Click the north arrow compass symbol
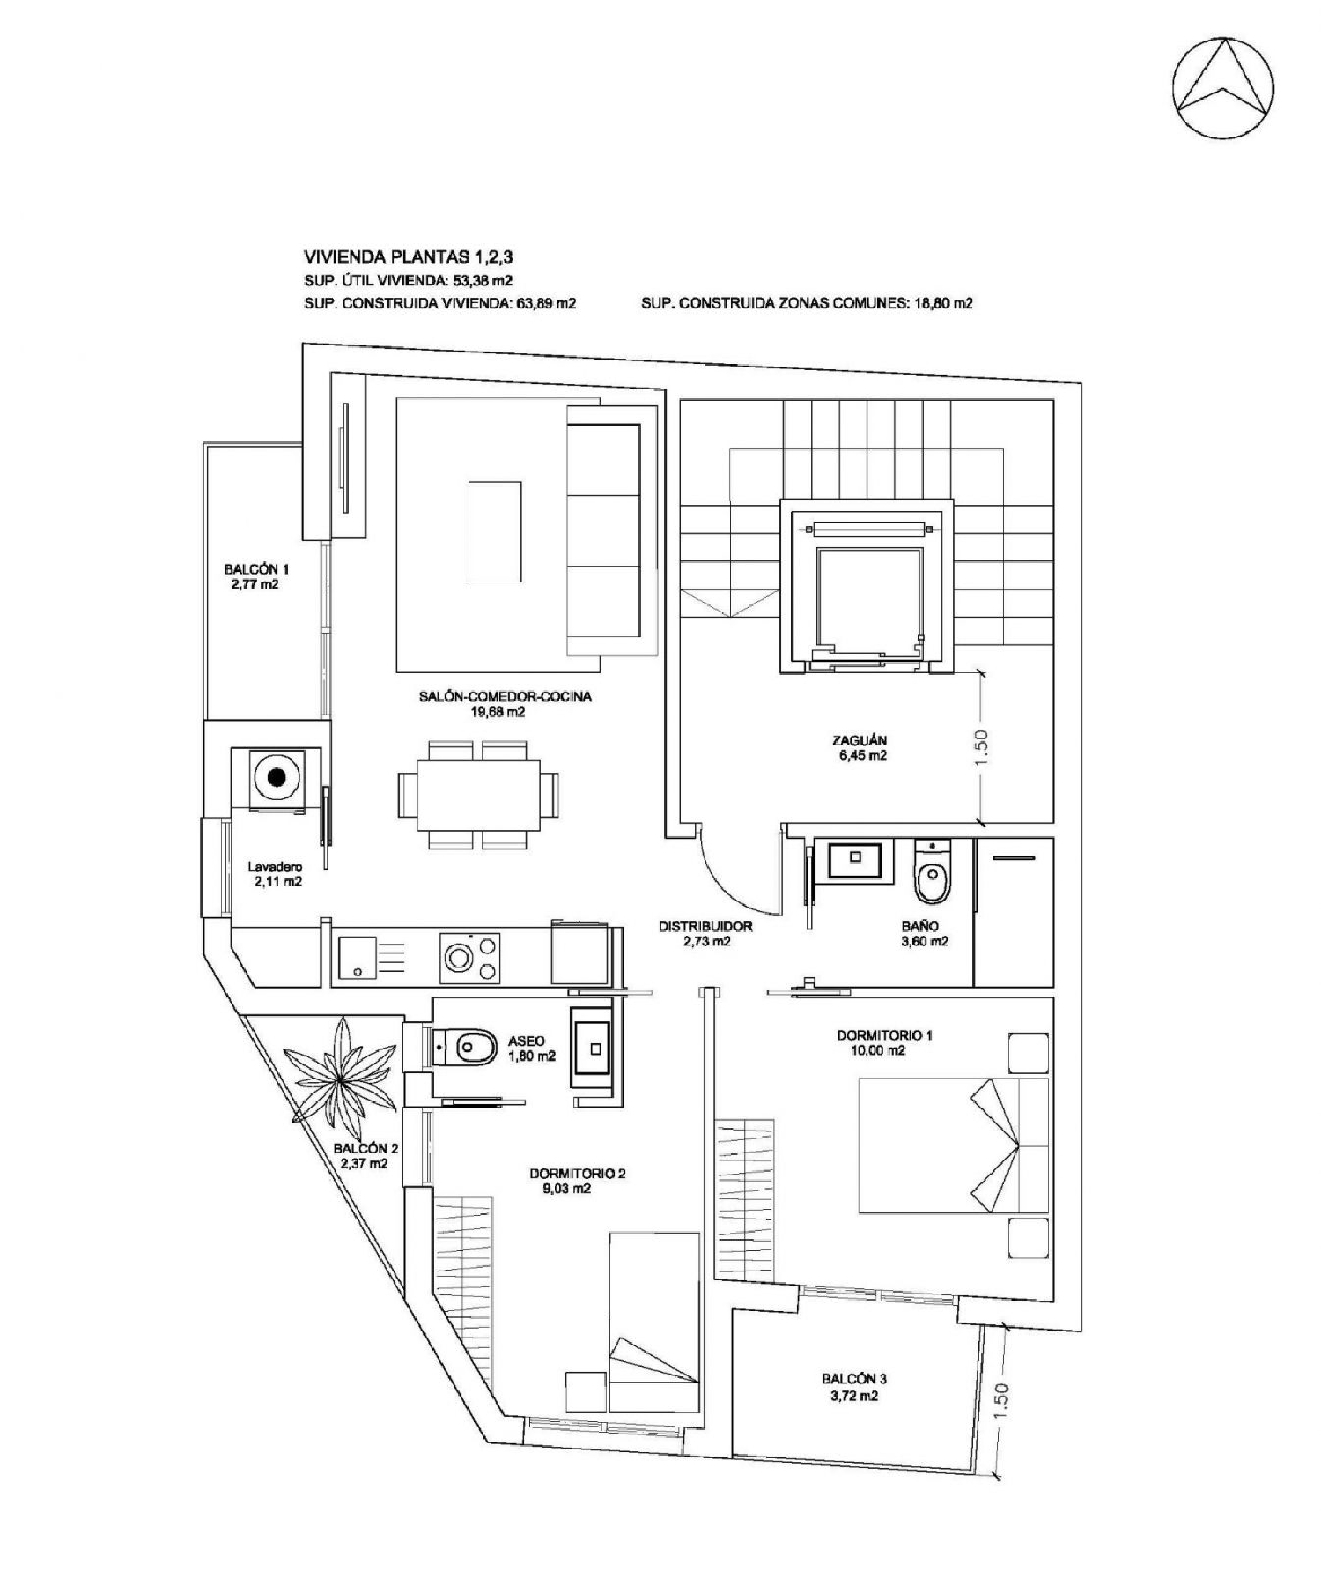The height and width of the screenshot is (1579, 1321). [1222, 87]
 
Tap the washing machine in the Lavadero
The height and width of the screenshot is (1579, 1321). [277, 777]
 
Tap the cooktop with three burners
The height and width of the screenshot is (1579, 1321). [469, 959]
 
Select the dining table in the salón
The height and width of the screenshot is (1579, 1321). [478, 794]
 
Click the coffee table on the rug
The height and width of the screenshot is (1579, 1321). [494, 531]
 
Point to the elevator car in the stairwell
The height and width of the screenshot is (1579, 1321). [867, 597]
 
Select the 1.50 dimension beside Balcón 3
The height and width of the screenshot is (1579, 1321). [1001, 1400]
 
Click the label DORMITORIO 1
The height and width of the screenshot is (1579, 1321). [883, 1034]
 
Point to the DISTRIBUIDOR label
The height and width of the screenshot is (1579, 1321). [705, 926]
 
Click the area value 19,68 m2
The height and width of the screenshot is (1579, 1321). [498, 712]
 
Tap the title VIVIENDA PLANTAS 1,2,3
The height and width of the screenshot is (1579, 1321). [408, 257]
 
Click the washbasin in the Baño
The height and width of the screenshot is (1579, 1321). [853, 859]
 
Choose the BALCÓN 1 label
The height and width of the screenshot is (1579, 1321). [256, 569]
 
